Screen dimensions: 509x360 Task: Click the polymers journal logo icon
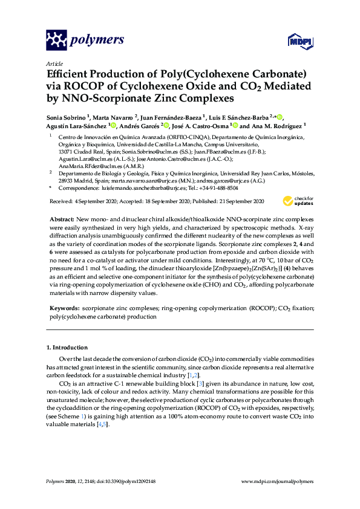click(x=56, y=41)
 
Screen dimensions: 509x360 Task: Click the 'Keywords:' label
click(x=65, y=308)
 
